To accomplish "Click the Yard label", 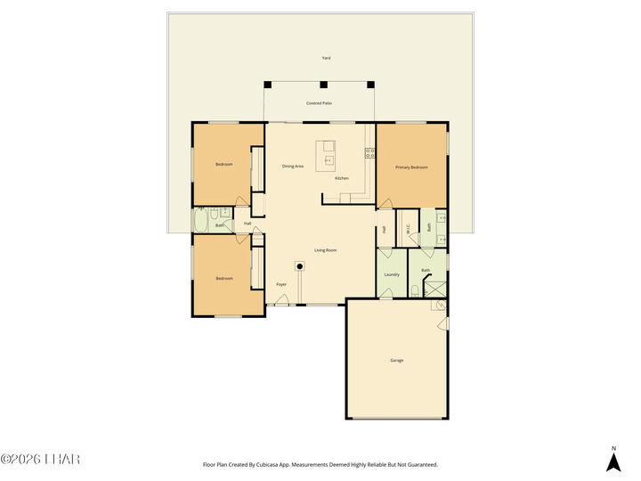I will coord(326,58).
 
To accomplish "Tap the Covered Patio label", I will coord(319,103).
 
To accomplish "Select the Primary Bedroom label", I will coord(411,167).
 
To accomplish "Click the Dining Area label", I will coord(293,167).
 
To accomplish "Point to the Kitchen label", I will coord(342,178).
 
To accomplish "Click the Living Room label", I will coord(325,250).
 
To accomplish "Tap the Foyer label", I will coord(281,285).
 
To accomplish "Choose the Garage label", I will coord(396,360).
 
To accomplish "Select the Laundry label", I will coord(391,274).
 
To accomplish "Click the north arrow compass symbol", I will coord(613,461).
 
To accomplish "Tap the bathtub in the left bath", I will coord(202,219).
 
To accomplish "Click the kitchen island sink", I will coord(328,160).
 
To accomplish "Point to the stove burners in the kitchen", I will coord(369,154).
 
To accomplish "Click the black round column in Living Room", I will coord(300,265).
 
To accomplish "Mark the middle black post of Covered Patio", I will coord(323,86).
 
